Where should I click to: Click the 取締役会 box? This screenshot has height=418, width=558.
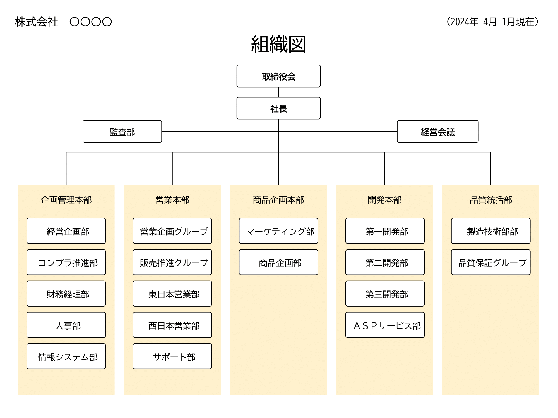point(278,76)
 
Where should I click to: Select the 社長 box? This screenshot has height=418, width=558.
point(278,108)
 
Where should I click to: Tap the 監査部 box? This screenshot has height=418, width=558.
point(122,132)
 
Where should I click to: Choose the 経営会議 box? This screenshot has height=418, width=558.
point(437,132)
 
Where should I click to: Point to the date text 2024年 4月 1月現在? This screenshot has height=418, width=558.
point(492,22)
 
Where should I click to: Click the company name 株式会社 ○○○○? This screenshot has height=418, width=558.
point(63,22)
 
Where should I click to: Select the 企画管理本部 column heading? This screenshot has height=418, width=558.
point(66,200)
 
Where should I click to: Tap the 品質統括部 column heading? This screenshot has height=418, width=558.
point(491,200)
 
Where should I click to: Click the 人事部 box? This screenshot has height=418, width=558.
point(66,325)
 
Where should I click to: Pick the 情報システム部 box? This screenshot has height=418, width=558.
point(66,356)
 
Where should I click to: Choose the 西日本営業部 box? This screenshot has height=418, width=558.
point(172,325)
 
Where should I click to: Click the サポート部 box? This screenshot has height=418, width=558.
point(172,356)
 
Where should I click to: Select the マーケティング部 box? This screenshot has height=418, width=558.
point(278,231)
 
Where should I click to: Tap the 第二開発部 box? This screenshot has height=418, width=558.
point(385,262)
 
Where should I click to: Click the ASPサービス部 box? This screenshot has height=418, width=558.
point(385,325)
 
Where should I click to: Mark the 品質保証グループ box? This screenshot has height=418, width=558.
point(491,262)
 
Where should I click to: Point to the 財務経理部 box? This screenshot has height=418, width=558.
point(66,294)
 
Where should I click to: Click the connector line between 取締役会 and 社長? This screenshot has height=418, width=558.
point(278,92)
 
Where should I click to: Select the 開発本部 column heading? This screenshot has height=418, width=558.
point(385,200)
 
